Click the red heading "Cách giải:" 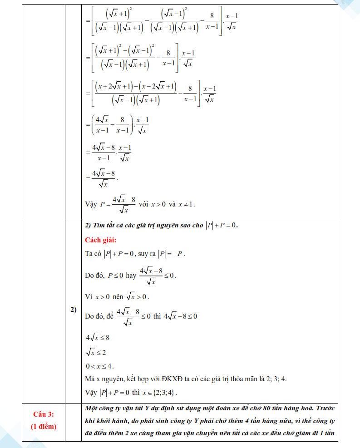[x=101, y=240]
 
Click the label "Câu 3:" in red [x=44, y=414]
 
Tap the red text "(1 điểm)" [x=44, y=426]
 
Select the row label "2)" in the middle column [x=73, y=310]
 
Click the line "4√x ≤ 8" [x=98, y=338]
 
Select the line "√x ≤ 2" [x=96, y=352]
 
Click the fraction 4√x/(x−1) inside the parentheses [x=100, y=124]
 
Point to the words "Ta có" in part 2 [x=92, y=254]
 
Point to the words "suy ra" [x=147, y=254]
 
